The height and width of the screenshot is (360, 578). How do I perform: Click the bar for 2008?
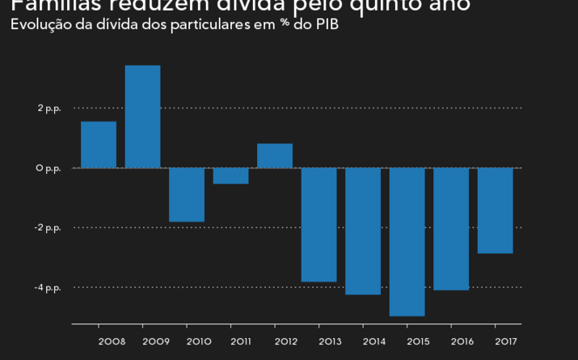[99, 145]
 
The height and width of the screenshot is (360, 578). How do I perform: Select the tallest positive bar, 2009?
[142, 116]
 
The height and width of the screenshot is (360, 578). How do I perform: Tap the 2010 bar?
[187, 194]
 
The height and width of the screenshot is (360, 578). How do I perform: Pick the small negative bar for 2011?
[230, 176]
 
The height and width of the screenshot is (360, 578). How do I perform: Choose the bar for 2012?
[275, 155]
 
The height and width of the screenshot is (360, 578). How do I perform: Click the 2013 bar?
[319, 224]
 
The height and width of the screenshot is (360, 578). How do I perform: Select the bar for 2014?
[363, 231]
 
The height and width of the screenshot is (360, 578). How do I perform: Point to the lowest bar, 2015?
[407, 241]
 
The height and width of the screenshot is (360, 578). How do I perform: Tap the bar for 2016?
[451, 228]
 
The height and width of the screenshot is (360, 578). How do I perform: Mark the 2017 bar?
[495, 210]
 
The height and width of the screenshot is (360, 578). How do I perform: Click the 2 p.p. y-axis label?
[49, 108]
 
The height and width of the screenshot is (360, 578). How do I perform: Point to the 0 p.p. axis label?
[49, 167]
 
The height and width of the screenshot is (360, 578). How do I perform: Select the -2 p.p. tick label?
[48, 227]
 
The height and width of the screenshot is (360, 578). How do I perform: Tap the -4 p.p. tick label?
[48, 287]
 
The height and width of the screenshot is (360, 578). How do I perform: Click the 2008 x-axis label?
[112, 341]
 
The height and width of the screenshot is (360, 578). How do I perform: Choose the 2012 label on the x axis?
[287, 341]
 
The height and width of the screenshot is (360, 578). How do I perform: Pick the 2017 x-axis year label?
[507, 341]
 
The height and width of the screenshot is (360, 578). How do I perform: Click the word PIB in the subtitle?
[327, 24]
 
